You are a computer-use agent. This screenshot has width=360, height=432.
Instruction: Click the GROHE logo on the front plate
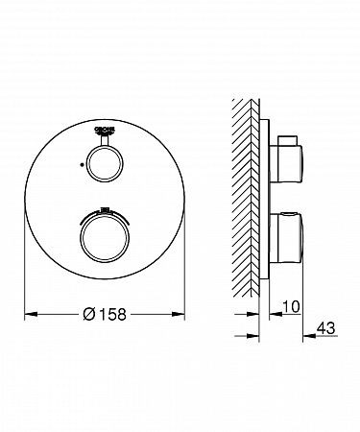point(105,130)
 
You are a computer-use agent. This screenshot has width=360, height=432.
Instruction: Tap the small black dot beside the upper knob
point(82,164)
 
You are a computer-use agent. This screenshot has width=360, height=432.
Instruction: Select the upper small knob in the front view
point(105,164)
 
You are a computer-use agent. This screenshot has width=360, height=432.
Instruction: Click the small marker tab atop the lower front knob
point(105,210)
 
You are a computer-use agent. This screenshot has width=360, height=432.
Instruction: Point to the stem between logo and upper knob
point(105,139)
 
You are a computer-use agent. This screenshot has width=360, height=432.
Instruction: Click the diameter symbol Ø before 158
point(88,314)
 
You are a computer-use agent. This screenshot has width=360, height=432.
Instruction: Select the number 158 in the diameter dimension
point(112,315)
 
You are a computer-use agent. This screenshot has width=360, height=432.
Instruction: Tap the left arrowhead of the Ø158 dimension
point(32,314)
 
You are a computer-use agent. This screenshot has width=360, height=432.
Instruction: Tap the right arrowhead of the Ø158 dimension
point(179,314)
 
